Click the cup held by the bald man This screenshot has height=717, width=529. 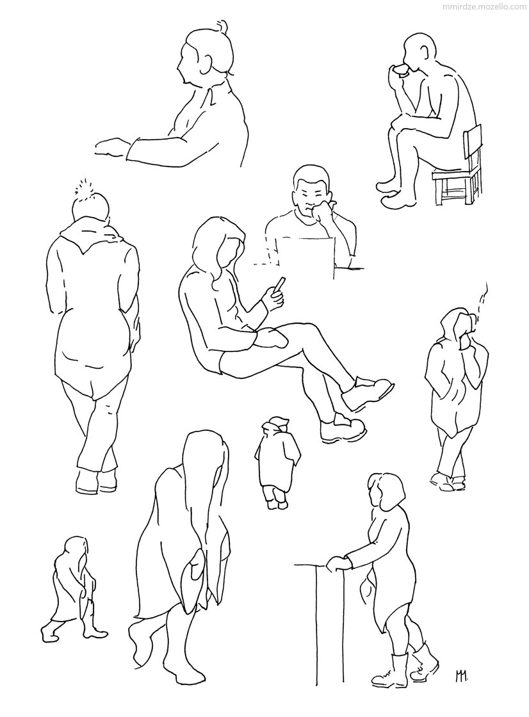pos(402,69)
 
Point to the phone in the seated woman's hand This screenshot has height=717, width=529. pos(279,284)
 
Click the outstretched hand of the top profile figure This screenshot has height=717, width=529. pos(111,149)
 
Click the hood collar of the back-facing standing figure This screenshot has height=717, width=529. pos(92,233)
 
